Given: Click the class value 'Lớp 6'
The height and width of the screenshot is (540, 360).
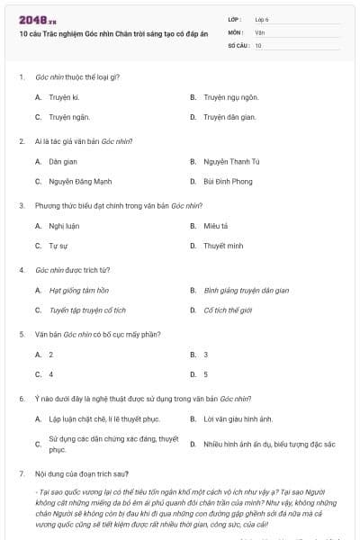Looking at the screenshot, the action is click(263, 19).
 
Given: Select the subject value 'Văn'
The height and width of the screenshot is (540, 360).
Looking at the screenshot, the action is click(260, 31).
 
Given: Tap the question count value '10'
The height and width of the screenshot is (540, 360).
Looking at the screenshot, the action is click(258, 44).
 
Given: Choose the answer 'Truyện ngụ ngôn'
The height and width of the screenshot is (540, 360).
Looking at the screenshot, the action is click(230, 96).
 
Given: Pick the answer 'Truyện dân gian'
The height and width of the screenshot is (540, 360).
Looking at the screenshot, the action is click(229, 117).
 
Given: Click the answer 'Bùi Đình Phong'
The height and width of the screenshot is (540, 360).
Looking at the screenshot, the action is click(228, 181).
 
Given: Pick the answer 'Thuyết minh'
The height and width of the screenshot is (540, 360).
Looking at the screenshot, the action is click(223, 245).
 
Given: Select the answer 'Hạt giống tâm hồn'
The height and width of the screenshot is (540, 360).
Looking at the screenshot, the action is click(78, 290).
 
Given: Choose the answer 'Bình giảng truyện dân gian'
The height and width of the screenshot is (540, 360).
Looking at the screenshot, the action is click(246, 290).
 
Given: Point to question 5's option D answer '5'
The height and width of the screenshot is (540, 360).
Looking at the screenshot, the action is click(205, 373).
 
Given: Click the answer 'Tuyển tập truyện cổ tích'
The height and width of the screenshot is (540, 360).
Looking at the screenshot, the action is click(87, 310).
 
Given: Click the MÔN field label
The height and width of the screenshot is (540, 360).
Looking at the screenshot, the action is click(236, 31).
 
